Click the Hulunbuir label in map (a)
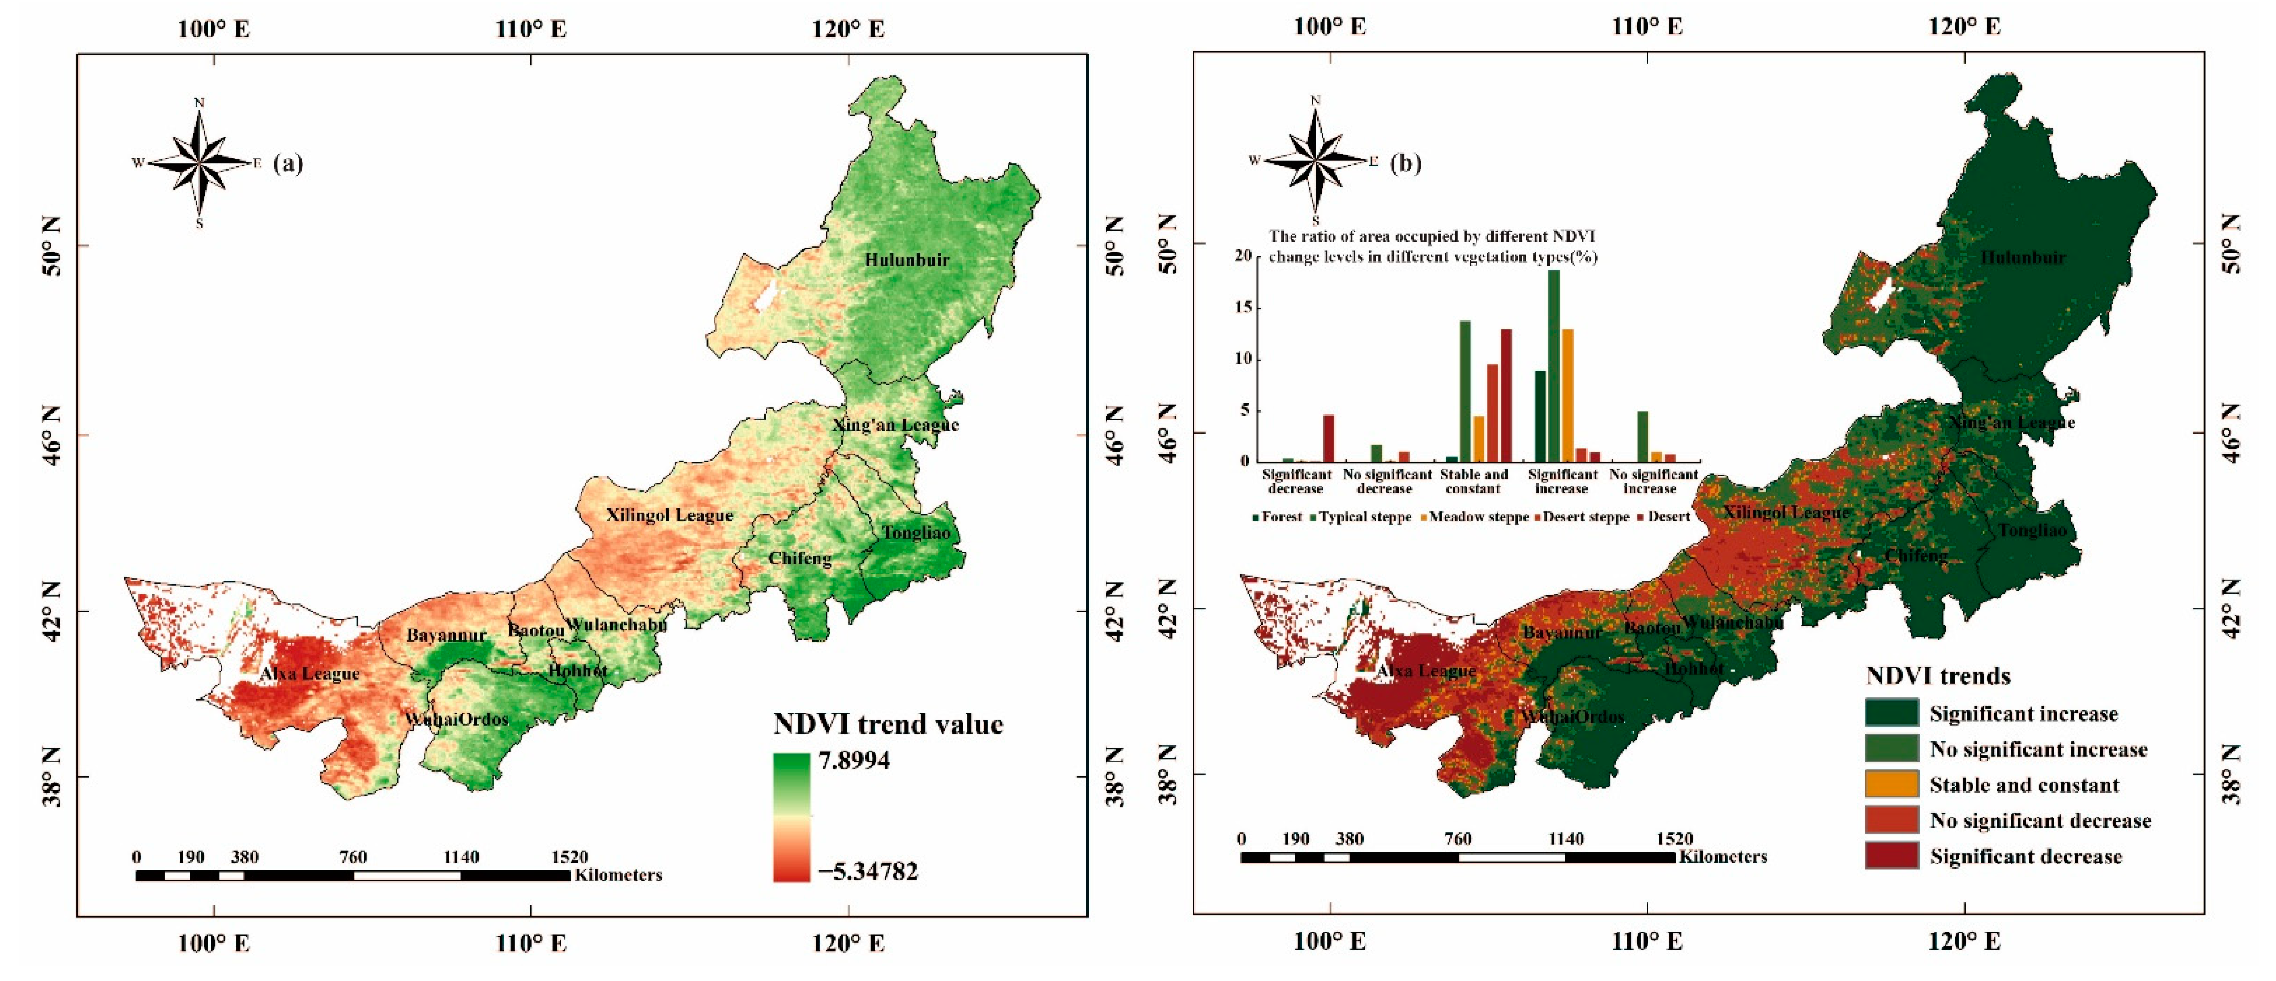point(907,260)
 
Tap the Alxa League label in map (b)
point(1425,671)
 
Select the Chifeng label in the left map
point(799,558)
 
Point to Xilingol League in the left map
point(669,515)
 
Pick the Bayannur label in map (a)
point(446,635)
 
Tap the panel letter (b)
point(1406,163)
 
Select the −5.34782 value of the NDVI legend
point(868,872)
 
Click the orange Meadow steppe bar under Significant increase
point(1567,394)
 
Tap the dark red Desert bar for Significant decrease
point(1328,438)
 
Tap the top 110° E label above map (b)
point(1647,27)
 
